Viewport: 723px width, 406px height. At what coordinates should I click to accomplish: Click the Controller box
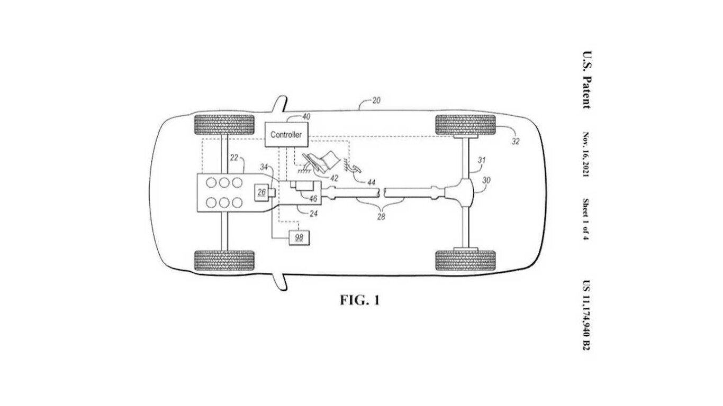tap(286, 134)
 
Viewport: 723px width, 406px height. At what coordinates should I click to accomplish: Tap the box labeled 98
tap(299, 238)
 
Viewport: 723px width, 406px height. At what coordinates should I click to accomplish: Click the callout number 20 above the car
tap(376, 100)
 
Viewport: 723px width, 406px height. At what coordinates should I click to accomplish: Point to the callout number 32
tap(516, 141)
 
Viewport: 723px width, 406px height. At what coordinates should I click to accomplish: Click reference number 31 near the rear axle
tap(482, 160)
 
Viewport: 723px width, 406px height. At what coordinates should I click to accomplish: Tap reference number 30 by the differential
tap(486, 180)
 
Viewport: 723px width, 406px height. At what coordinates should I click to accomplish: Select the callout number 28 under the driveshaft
tap(381, 217)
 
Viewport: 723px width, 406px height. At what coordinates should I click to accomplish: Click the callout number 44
tap(372, 182)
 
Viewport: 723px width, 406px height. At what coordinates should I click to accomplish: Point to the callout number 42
tap(334, 178)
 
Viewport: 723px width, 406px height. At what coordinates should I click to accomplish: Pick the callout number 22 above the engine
tap(234, 158)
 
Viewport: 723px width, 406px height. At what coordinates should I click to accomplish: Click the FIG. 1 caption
tap(360, 300)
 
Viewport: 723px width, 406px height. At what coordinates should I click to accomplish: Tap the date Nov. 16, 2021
tap(586, 154)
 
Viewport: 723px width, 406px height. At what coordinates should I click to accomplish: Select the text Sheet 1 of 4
tap(586, 219)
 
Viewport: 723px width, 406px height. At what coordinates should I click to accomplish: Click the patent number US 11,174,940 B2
tap(586, 315)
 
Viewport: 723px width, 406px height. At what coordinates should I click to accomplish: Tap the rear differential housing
tap(459, 193)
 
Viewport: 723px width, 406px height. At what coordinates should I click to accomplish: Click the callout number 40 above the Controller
tap(306, 116)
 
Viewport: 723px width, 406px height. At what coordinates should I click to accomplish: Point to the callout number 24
tap(313, 214)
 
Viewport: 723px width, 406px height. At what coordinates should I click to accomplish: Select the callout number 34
tap(264, 167)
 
